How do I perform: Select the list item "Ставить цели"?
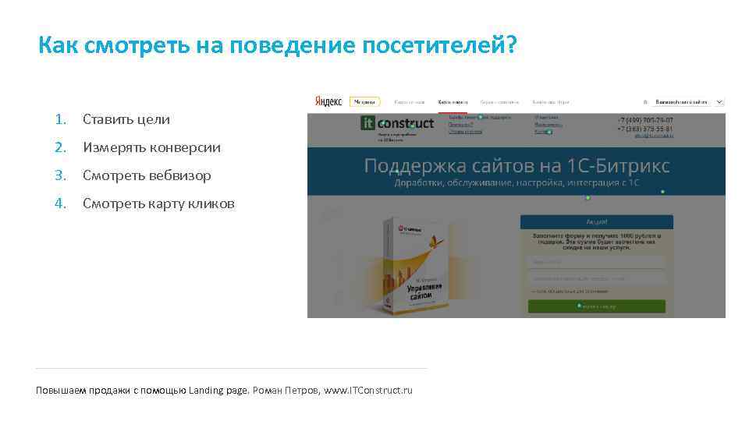click(126, 119)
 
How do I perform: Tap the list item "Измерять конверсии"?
click(151, 147)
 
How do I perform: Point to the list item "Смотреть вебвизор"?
click(147, 175)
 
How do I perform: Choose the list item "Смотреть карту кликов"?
click(158, 203)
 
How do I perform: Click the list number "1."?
click(60, 119)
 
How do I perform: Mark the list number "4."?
click(60, 203)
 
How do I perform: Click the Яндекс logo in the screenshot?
click(328, 101)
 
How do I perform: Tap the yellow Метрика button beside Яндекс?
click(364, 101)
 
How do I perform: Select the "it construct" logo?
click(397, 124)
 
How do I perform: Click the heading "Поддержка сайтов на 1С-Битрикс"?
click(516, 166)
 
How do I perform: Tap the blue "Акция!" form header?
click(596, 222)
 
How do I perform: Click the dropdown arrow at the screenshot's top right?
click(719, 101)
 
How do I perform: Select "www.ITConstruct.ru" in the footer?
click(368, 390)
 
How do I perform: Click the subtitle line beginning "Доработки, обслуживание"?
click(516, 182)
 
